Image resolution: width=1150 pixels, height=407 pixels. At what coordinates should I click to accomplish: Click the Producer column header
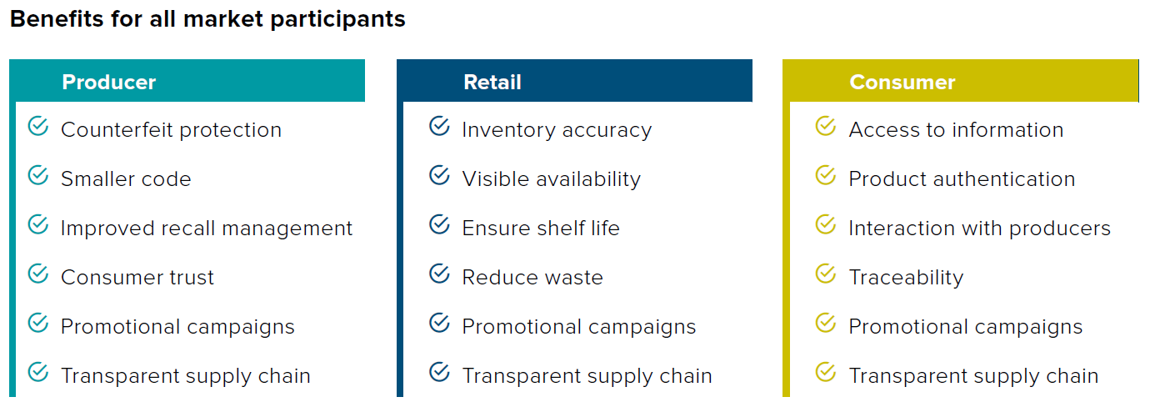click(x=109, y=83)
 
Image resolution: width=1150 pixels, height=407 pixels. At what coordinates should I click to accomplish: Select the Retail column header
click(x=492, y=83)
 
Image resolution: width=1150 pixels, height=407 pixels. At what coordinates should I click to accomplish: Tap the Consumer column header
click(x=902, y=83)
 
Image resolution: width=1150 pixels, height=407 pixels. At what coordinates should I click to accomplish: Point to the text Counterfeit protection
click(x=171, y=129)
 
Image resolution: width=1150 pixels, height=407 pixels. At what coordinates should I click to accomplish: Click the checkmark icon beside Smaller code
click(x=38, y=175)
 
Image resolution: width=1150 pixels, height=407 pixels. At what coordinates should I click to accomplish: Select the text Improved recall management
click(x=207, y=229)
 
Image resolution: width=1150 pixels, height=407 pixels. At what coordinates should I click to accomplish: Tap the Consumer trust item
click(x=137, y=278)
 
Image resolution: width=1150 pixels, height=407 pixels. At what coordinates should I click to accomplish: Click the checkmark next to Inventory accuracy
click(x=439, y=126)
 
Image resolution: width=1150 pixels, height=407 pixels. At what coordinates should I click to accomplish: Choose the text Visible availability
click(x=552, y=179)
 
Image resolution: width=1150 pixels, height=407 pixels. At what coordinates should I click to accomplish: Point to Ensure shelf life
click(x=541, y=229)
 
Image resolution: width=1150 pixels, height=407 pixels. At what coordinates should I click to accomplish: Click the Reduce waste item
click(x=532, y=278)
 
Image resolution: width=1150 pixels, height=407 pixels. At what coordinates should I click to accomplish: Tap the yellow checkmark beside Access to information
click(x=826, y=126)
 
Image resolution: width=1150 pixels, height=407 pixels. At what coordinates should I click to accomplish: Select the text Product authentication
click(x=962, y=178)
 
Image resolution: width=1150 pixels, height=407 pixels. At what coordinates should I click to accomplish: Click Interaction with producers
click(x=979, y=229)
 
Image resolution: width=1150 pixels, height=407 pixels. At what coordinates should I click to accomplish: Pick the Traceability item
click(x=906, y=278)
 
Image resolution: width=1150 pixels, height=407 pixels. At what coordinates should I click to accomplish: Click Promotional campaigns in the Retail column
click(x=579, y=327)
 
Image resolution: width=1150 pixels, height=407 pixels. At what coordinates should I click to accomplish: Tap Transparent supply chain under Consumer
click(x=974, y=376)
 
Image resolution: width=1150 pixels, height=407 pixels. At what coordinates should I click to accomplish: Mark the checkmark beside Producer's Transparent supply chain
click(x=38, y=372)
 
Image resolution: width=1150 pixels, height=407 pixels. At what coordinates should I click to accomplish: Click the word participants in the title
click(x=337, y=19)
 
